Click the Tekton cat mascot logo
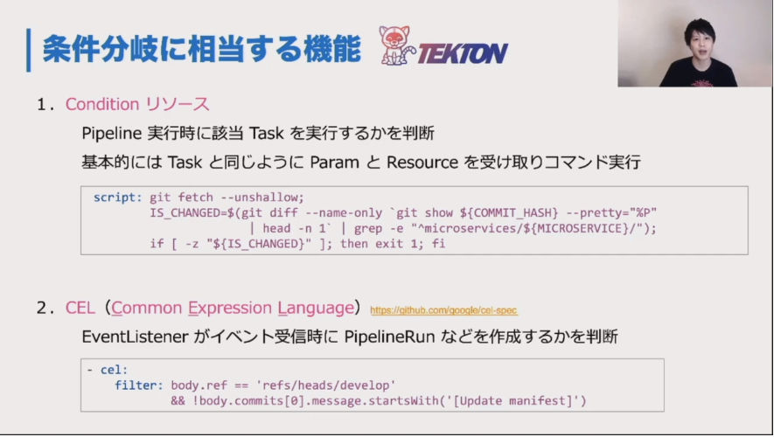(396, 45)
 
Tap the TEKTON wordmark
(463, 53)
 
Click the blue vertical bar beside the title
(29, 50)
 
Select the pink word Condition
(102, 104)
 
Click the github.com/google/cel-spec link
(443, 310)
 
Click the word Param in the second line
(334, 163)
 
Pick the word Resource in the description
(422, 163)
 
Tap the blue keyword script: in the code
(117, 198)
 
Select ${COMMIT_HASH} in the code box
(509, 212)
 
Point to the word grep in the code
(367, 228)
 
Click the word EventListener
(135, 336)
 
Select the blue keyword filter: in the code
(139, 385)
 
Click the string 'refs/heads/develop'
(326, 385)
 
